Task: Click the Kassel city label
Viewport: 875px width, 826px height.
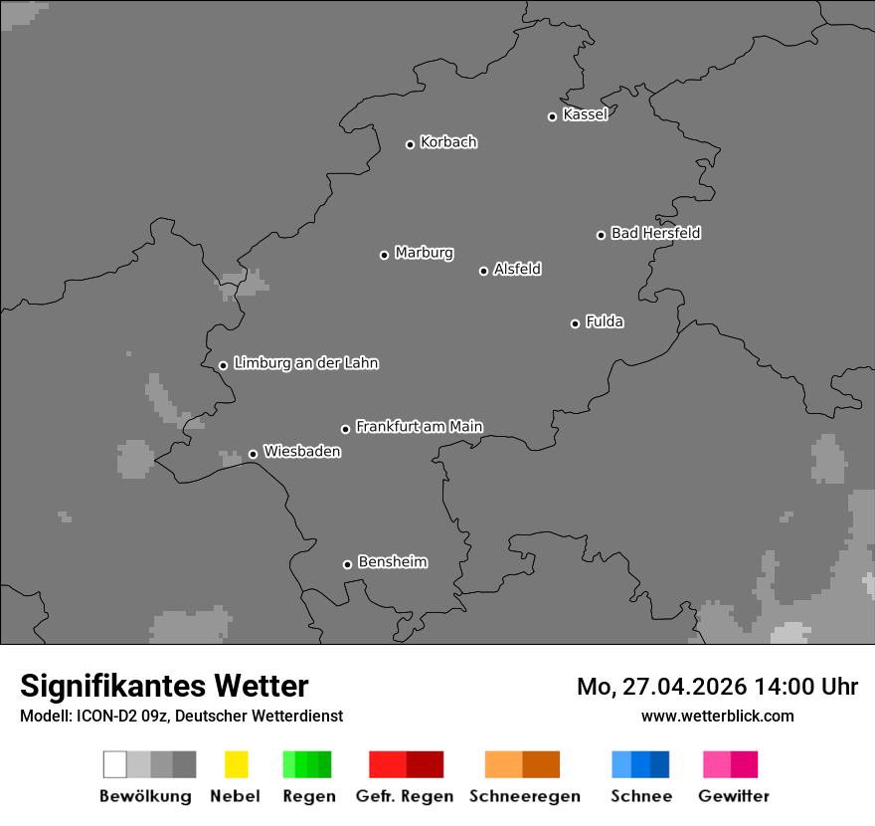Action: [x=585, y=114]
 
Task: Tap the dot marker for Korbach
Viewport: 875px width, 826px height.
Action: [x=410, y=144]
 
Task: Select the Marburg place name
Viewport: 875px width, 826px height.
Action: [x=424, y=253]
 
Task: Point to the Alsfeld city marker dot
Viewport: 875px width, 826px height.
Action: [x=483, y=271]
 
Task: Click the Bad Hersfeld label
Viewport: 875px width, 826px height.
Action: [x=655, y=233]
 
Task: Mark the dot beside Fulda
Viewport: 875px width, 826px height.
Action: [x=575, y=323]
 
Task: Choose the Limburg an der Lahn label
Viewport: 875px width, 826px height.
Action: [x=305, y=363]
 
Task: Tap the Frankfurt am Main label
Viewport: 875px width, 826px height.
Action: [x=419, y=427]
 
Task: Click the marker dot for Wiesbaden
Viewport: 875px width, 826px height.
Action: [x=253, y=454]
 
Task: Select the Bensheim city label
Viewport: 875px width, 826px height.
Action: [x=392, y=562]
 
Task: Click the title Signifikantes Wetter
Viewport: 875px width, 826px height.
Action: [x=164, y=686]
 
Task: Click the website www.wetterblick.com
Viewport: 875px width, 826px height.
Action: [x=717, y=716]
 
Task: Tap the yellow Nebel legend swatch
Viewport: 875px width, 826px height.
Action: [x=236, y=764]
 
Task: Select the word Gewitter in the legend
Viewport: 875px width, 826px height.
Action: [x=734, y=796]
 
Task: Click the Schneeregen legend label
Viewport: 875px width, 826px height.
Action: [x=525, y=796]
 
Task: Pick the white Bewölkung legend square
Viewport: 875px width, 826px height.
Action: [x=115, y=764]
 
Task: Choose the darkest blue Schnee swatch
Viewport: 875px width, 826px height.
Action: [x=659, y=764]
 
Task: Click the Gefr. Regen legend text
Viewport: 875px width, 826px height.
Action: [x=405, y=796]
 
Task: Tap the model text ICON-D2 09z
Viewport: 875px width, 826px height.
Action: [x=124, y=716]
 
